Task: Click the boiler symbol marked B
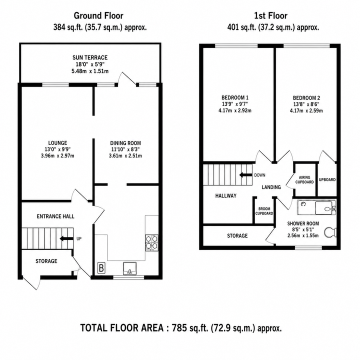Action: (101, 268)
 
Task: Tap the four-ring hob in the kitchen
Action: (152, 242)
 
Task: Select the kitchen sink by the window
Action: (129, 268)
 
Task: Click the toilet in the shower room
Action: (330, 232)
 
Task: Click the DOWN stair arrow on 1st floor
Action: (246, 175)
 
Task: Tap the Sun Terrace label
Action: (90, 57)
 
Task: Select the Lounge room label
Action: (57, 143)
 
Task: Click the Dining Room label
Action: (125, 143)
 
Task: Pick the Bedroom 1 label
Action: (235, 97)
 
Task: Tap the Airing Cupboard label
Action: (304, 179)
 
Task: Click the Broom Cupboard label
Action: (264, 211)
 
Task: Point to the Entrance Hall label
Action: (55, 216)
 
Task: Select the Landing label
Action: (271, 187)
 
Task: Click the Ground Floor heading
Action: (98, 15)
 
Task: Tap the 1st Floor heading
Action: (270, 15)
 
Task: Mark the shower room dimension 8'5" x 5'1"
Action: (303, 229)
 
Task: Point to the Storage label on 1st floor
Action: (237, 235)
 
